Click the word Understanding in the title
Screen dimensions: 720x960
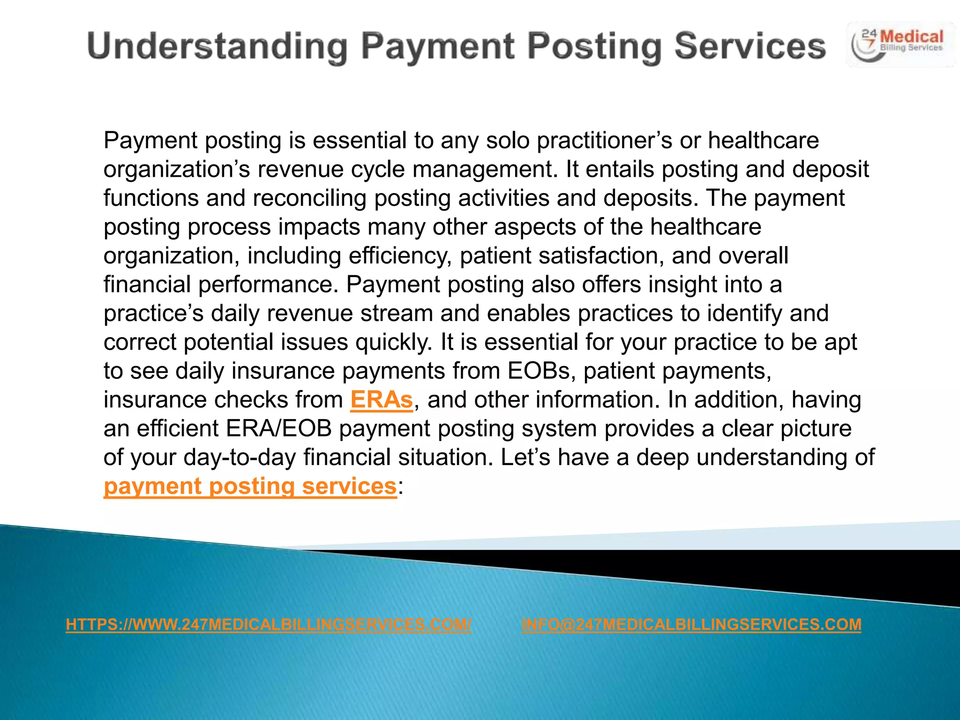[217, 47]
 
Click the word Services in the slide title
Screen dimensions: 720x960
[750, 46]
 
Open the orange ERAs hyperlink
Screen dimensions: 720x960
[381, 400]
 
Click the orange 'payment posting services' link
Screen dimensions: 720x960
[250, 486]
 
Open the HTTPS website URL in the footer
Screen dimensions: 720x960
[269, 624]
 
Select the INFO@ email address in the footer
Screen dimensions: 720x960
[691, 624]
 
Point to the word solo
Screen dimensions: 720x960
[508, 141]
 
